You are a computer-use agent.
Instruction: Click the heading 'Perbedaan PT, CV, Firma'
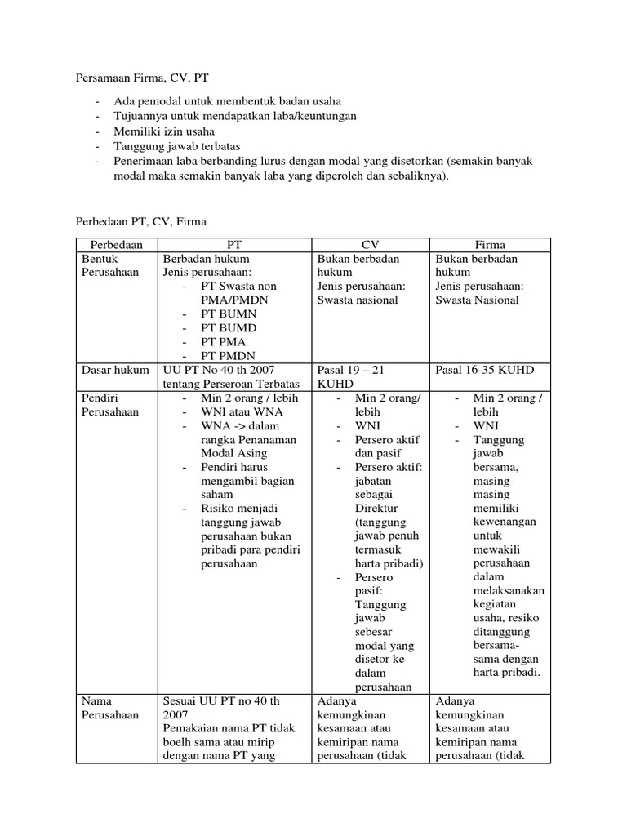click(141, 220)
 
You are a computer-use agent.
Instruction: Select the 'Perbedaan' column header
click(116, 244)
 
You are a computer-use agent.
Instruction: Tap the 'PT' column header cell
click(234, 244)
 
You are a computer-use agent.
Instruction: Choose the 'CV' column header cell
click(371, 244)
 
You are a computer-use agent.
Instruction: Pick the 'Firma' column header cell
click(490, 244)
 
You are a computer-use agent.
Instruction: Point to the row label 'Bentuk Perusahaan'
click(110, 265)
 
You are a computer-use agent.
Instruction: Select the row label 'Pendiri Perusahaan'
click(110, 405)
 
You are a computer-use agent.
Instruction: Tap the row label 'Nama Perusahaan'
click(110, 708)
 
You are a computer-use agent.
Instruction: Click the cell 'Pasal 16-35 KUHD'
click(485, 370)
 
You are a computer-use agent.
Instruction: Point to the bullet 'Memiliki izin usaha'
click(165, 131)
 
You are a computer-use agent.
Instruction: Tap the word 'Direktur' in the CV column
click(376, 508)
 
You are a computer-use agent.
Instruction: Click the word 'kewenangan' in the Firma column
click(506, 522)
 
